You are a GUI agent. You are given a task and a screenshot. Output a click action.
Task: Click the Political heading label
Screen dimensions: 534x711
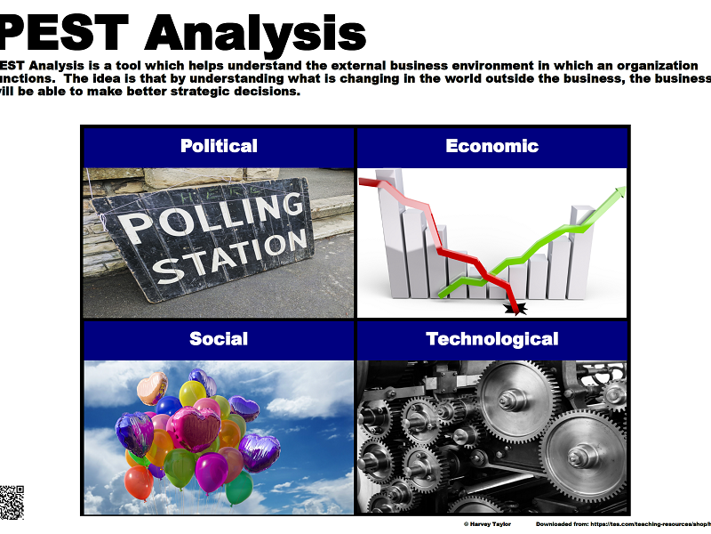(x=219, y=146)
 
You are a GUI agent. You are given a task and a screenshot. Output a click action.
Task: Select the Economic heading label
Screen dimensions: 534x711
(x=491, y=146)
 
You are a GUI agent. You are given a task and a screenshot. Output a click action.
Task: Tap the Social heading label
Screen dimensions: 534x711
(x=219, y=339)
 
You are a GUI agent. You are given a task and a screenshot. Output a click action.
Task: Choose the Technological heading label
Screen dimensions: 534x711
(x=491, y=339)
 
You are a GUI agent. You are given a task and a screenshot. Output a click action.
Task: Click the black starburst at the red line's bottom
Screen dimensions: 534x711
(x=515, y=309)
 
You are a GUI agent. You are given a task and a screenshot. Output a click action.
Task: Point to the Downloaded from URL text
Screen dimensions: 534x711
(x=622, y=524)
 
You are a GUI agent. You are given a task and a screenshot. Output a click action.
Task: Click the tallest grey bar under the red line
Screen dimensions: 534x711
(x=388, y=240)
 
